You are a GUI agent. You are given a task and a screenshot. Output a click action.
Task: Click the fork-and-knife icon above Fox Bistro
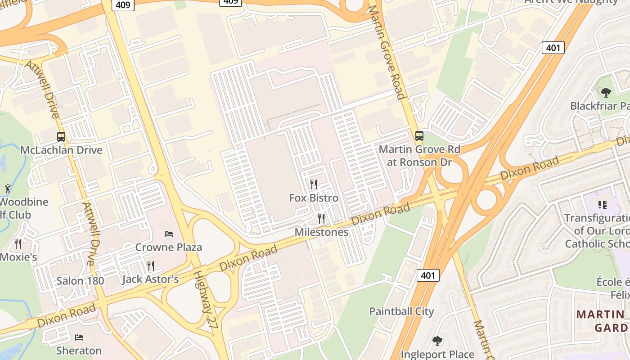click(x=314, y=184)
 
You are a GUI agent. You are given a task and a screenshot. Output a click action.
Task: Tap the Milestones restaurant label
click(x=321, y=232)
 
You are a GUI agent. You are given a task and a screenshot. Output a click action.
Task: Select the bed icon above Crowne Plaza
click(x=169, y=234)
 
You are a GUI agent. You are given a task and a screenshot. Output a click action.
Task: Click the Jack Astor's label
click(x=150, y=279)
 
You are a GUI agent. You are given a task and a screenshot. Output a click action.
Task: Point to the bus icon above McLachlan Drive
click(x=61, y=137)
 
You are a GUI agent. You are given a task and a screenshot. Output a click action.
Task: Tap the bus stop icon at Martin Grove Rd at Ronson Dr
click(x=419, y=135)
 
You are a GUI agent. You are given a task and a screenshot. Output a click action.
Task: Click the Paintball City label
click(x=401, y=311)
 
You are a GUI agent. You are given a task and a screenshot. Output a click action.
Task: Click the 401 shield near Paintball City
click(x=427, y=275)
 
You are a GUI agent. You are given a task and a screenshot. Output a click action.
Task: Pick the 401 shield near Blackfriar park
click(x=553, y=47)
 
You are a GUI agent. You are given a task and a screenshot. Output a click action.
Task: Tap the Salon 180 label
click(x=80, y=281)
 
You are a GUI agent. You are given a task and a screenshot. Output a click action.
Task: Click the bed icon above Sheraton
click(x=79, y=337)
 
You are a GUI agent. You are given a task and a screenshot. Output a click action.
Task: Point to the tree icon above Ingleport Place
click(x=437, y=341)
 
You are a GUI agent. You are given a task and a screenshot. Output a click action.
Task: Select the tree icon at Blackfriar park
click(x=606, y=93)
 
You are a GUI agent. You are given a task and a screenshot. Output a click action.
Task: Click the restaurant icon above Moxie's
click(x=18, y=243)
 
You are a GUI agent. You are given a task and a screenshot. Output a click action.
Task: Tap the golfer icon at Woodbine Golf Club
click(x=8, y=188)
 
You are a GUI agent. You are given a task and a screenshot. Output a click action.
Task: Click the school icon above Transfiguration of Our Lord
click(x=603, y=205)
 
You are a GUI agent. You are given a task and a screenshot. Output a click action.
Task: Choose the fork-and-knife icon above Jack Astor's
click(x=151, y=265)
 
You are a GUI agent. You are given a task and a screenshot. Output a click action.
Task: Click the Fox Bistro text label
click(x=314, y=198)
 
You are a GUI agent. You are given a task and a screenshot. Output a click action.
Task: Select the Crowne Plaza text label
click(x=169, y=247)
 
